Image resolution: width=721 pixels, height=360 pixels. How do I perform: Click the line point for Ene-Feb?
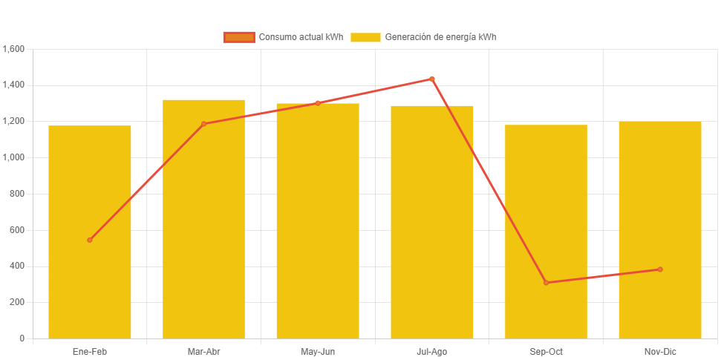[90, 240]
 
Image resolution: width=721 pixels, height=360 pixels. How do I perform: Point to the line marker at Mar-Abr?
[203, 124]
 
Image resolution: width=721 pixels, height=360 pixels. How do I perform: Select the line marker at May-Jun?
[318, 103]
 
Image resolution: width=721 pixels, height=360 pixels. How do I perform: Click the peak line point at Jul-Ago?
[431, 79]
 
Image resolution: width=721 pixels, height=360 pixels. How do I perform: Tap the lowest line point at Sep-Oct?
[546, 283]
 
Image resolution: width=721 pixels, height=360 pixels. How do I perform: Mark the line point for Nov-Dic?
[659, 269]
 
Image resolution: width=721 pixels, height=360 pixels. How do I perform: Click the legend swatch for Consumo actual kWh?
[239, 37]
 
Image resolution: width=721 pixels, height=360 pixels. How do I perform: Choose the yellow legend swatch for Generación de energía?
[365, 37]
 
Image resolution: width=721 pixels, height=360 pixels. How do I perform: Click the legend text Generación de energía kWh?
[440, 37]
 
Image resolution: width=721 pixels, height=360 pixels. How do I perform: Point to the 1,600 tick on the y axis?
[14, 49]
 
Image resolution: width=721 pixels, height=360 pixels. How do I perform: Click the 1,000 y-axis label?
[14, 157]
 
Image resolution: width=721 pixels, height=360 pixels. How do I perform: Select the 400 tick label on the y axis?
[17, 266]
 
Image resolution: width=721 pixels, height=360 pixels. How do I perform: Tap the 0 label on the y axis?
[22, 338]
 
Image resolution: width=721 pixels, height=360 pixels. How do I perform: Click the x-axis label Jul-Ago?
[431, 351]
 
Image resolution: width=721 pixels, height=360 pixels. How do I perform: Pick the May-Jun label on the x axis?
[318, 351]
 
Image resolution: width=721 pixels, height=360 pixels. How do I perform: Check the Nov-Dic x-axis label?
[659, 351]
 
